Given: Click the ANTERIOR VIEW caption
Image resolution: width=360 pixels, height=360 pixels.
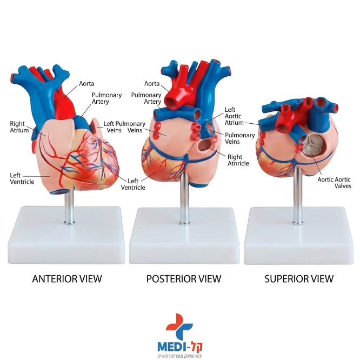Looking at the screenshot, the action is pyautogui.click(x=67, y=279).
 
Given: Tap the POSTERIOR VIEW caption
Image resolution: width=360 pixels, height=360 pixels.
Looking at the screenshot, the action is pyautogui.click(x=184, y=279).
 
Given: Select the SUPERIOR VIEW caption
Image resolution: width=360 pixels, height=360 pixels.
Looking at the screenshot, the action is pyautogui.click(x=299, y=279).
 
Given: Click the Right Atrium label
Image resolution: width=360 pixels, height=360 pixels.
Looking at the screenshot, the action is pyautogui.click(x=19, y=127).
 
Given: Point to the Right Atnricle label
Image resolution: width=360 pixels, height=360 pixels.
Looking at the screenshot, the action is pyautogui.click(x=238, y=160).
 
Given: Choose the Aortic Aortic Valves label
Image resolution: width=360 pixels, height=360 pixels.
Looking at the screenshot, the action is pyautogui.click(x=334, y=183).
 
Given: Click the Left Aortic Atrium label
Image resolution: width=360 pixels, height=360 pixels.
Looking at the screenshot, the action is pyautogui.click(x=234, y=116).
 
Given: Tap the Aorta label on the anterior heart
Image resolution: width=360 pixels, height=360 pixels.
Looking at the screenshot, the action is pyautogui.click(x=86, y=84).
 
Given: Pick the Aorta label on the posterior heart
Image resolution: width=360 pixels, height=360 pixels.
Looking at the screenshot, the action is pyautogui.click(x=152, y=84).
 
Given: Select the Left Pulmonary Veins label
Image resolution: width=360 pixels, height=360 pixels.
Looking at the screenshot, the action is pyautogui.click(x=124, y=127).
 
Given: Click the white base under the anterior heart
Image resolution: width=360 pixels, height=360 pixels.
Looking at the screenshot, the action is pyautogui.click(x=66, y=235).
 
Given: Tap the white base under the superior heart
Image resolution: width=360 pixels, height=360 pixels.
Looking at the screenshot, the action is pyautogui.click(x=299, y=236).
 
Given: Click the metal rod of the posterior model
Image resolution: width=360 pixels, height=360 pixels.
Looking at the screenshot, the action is pyautogui.click(x=184, y=198).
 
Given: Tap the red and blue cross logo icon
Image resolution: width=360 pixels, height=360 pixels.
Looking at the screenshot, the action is pyautogui.click(x=179, y=326).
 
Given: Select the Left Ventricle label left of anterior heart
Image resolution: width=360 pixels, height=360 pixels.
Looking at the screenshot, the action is pyautogui.click(x=22, y=178).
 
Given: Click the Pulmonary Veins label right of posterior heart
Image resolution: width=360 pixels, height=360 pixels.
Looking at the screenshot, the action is pyautogui.click(x=239, y=138).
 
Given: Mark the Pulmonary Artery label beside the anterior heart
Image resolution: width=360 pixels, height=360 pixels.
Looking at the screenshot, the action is pyautogui.click(x=106, y=98).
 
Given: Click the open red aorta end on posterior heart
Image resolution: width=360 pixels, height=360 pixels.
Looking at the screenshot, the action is pyautogui.click(x=173, y=102).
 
